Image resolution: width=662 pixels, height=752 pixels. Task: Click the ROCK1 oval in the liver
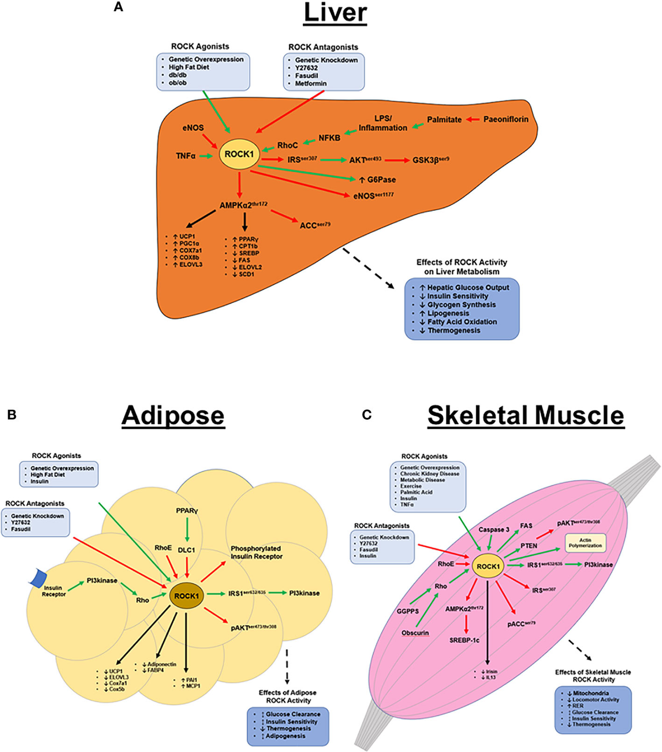coord(239,154)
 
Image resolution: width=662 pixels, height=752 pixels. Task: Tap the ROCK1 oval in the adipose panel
coord(186,596)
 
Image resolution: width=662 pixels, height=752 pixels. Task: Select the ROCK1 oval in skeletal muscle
coord(488,567)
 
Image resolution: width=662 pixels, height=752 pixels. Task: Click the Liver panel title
coord(335,13)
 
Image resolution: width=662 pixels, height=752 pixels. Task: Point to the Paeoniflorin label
coord(505,119)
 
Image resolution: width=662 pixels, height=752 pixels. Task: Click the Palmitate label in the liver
coord(444,119)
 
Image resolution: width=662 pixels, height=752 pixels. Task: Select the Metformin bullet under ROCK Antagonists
coord(311,83)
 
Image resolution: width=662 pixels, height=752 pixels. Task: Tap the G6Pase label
coord(381,179)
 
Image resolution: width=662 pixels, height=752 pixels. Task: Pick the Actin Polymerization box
coord(585,543)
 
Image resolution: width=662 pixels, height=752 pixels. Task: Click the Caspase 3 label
coord(494,530)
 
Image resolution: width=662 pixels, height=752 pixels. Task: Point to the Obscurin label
coord(415,633)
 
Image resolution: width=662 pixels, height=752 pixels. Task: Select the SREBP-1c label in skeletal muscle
coord(464,641)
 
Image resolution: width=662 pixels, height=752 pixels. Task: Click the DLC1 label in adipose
coord(186,550)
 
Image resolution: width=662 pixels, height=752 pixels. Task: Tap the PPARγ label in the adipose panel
coord(187,511)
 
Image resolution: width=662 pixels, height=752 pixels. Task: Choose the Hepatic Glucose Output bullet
coord(468,287)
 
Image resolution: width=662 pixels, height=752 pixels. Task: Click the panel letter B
coord(12,415)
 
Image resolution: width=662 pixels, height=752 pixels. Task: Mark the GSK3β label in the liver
coord(430,160)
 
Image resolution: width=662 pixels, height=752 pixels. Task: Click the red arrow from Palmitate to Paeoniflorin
coord(473,119)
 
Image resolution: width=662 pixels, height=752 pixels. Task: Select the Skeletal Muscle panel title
coord(525,415)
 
